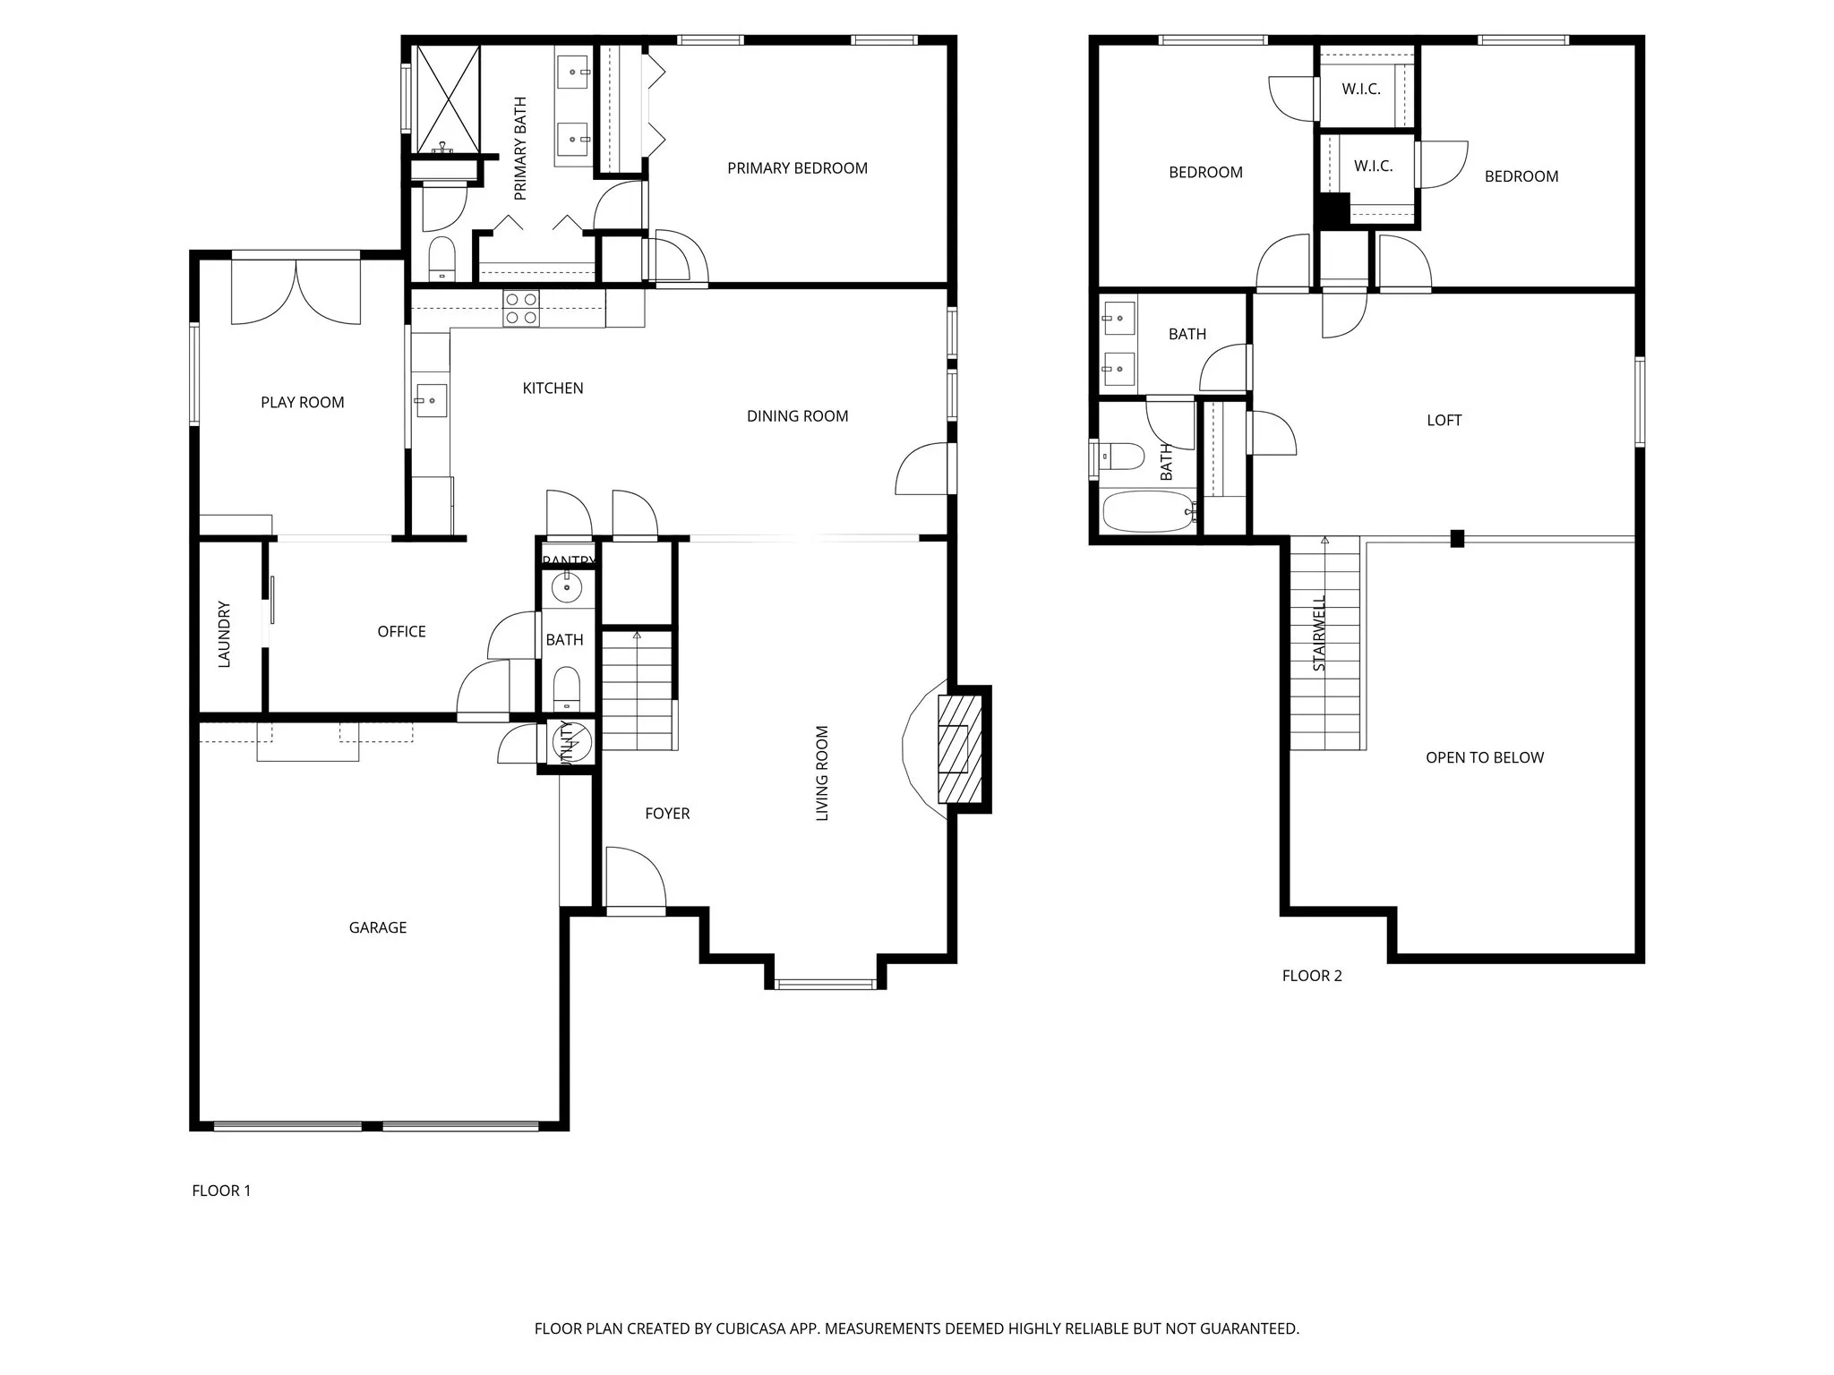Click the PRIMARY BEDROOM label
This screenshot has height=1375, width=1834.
pyautogui.click(x=797, y=168)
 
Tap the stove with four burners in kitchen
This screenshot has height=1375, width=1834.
pyautogui.click(x=520, y=309)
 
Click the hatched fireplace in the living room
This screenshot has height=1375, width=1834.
pyautogui.click(x=954, y=748)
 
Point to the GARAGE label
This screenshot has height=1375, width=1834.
pyautogui.click(x=377, y=927)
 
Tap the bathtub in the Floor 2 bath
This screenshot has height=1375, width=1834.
pyautogui.click(x=1148, y=511)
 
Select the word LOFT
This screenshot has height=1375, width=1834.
pyautogui.click(x=1444, y=420)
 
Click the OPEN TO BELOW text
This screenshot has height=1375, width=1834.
pyautogui.click(x=1484, y=757)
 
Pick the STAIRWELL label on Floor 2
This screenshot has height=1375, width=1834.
pyautogui.click(x=1319, y=634)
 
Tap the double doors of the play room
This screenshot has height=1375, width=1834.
pyautogui.click(x=296, y=291)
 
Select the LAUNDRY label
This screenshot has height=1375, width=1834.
pyautogui.click(x=224, y=634)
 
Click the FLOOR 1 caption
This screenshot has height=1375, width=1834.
pyautogui.click(x=221, y=1191)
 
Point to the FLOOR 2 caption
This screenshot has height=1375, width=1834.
pyautogui.click(x=1311, y=976)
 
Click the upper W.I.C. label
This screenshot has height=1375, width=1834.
pyautogui.click(x=1360, y=89)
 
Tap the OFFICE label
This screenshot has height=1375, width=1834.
pyautogui.click(x=401, y=631)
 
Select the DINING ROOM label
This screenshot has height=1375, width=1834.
pyautogui.click(x=797, y=416)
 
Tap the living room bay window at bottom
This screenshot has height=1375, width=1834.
pyautogui.click(x=825, y=985)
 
